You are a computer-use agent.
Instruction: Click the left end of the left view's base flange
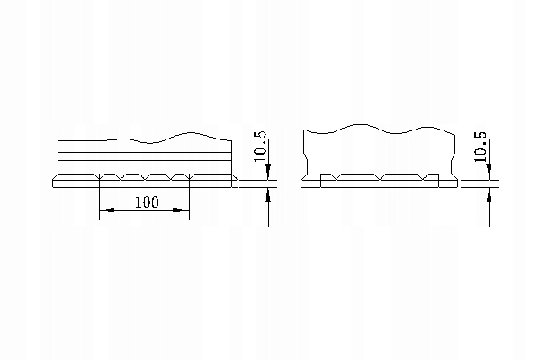(x=56, y=184)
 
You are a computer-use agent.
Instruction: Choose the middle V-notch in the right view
(x=381, y=177)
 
